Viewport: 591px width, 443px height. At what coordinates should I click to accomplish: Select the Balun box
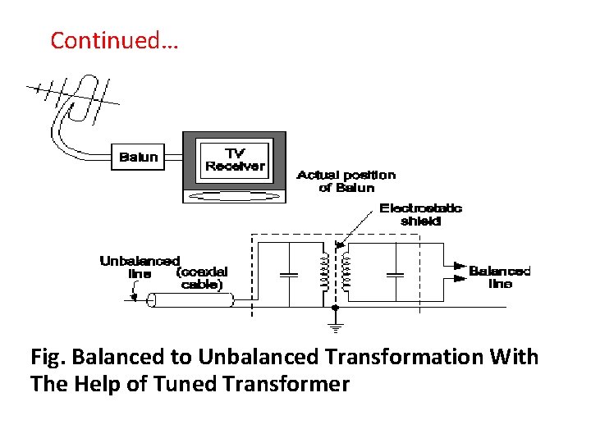[138, 157]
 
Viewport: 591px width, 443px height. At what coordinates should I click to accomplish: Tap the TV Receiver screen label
[235, 160]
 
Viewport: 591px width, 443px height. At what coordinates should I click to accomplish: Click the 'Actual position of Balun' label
[346, 180]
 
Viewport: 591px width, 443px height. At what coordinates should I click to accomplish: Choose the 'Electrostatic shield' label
[420, 214]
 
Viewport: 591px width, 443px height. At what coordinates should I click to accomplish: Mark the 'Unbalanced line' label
[140, 267]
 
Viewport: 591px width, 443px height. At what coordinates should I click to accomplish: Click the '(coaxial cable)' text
[201, 278]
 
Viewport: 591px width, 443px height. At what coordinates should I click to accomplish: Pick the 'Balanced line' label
[499, 277]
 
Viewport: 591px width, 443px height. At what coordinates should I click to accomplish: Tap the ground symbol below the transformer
[335, 327]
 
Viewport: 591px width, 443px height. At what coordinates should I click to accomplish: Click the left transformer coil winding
[325, 272]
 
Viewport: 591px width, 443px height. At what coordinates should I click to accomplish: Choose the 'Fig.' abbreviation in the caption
[48, 358]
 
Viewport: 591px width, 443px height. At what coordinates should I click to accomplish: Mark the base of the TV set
[234, 196]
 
